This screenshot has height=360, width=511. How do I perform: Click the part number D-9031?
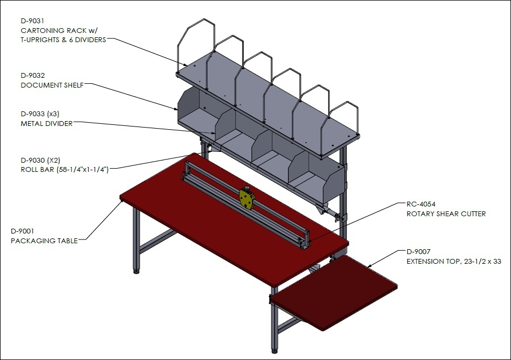click(x=32, y=21)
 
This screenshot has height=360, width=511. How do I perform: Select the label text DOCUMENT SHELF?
click(x=52, y=85)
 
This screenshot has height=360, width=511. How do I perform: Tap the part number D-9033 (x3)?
click(x=40, y=114)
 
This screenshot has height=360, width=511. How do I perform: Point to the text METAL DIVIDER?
click(x=47, y=123)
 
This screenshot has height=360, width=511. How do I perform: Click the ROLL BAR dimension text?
click(x=64, y=170)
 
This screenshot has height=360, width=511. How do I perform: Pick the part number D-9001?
click(x=23, y=231)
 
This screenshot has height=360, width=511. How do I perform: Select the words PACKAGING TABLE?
click(x=44, y=241)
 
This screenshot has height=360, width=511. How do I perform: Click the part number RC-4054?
click(x=421, y=204)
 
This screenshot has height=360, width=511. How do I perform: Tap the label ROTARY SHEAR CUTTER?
click(x=446, y=214)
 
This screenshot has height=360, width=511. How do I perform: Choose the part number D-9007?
click(x=419, y=251)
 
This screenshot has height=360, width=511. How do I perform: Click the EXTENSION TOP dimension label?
click(x=454, y=261)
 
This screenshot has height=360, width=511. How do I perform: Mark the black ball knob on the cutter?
click(x=247, y=188)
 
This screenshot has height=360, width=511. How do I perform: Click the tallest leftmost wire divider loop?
click(x=196, y=45)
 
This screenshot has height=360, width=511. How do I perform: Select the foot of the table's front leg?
click(x=275, y=351)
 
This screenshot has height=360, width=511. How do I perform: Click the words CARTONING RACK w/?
click(x=59, y=30)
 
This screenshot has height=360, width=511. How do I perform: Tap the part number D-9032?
click(x=32, y=75)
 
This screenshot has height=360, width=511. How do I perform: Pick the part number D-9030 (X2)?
click(x=41, y=161)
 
